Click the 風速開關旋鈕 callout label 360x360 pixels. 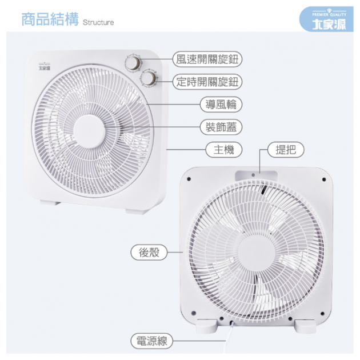coord(207,59)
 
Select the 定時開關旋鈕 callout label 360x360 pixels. coord(207,82)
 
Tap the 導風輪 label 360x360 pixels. coord(221,105)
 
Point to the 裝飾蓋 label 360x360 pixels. coord(221,127)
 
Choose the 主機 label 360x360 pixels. coord(224,150)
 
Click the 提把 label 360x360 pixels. coord(286,150)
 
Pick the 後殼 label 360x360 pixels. coord(149,253)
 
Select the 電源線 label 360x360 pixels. coord(151,341)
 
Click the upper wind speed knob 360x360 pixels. coord(133,63)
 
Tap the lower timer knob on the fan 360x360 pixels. coord(148,78)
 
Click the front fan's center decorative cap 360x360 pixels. coord(89,131)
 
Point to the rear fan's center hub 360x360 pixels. coord(257,252)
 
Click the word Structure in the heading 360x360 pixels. coord(98,22)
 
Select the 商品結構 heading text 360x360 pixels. coord(50,19)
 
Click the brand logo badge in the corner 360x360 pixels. coord(326,19)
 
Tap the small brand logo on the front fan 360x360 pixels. coord(45,67)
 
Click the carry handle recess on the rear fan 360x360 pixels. coord(256,175)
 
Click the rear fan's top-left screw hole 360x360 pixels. coord(189,179)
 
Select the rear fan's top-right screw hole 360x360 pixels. coord(324,179)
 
